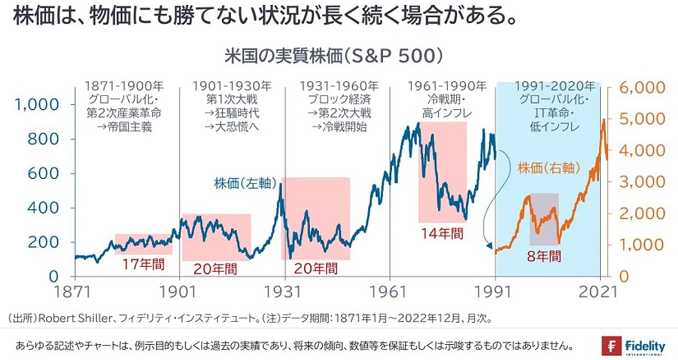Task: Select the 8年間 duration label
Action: [543, 256]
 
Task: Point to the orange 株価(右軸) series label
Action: [549, 169]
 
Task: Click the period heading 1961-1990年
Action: [447, 86]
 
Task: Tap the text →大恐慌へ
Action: [232, 127]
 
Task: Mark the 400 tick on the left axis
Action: [45, 208]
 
